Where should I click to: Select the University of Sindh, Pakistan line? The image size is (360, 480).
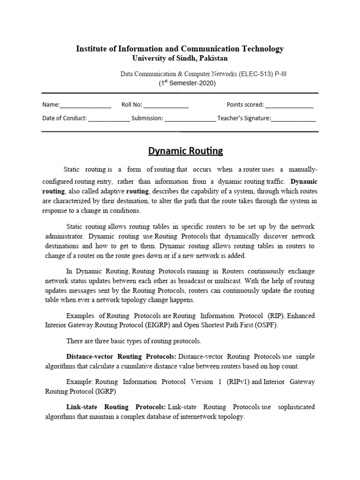pos(180,58)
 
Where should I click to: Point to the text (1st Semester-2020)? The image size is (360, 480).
pos(187,83)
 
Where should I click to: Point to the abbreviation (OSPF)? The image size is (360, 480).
pos(266,325)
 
